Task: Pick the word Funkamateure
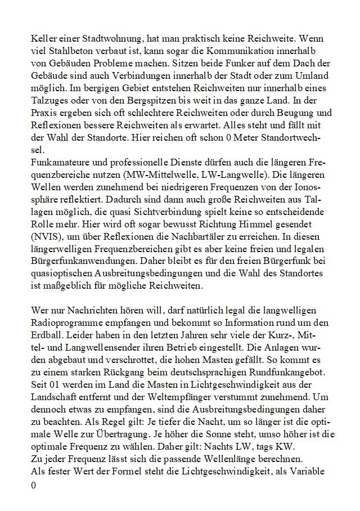coord(60,163)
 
